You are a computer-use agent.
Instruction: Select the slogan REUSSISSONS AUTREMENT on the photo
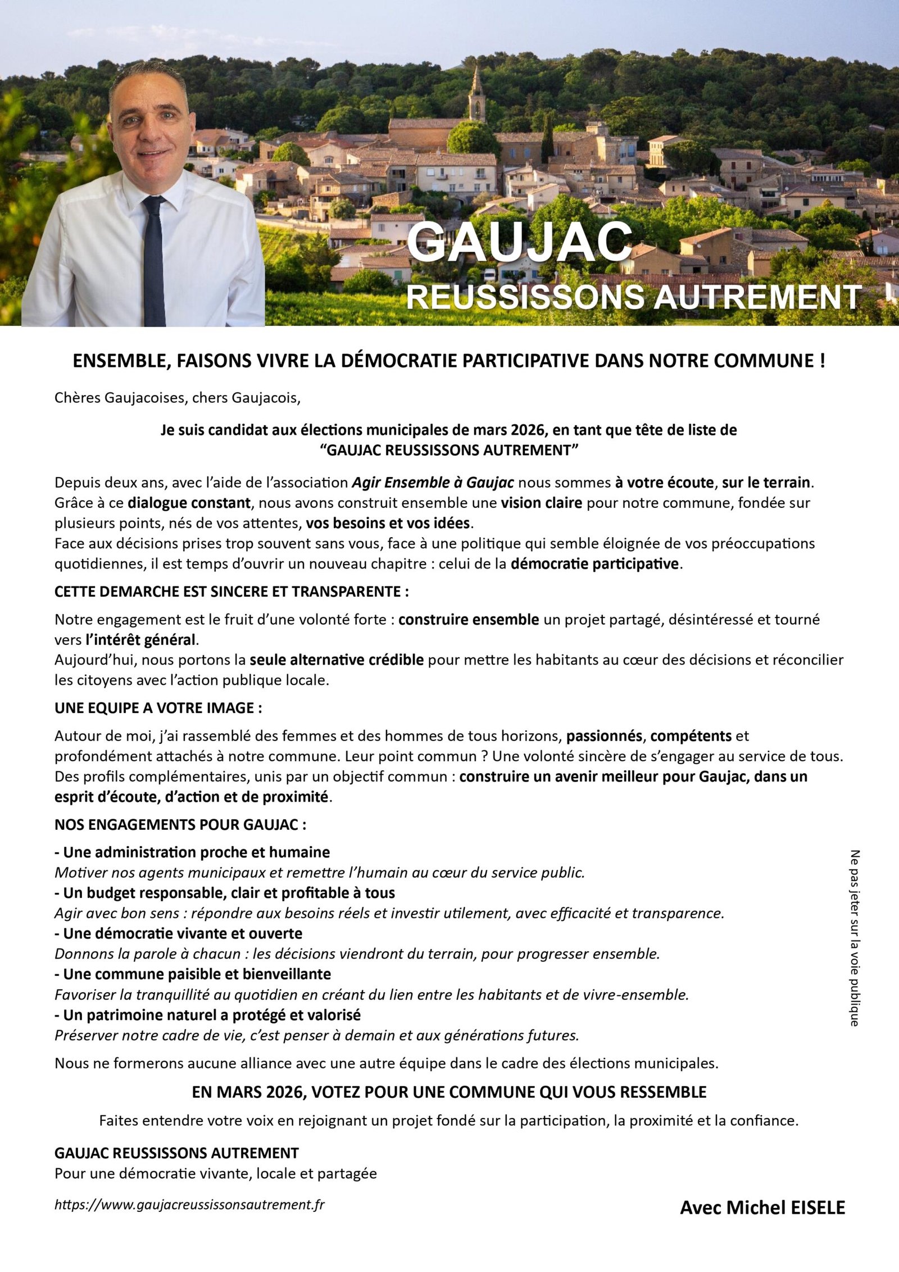pos(633,297)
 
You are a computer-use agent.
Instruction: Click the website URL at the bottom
pos(189,1205)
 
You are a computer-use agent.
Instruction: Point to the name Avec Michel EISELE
pos(762,1207)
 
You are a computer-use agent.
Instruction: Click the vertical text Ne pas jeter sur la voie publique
pos(855,938)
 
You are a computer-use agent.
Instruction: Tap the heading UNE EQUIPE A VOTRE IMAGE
pos(158,708)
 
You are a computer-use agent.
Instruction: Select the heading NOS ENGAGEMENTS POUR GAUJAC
pos(180,825)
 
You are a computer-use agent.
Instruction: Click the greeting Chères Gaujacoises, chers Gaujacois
pos(178,398)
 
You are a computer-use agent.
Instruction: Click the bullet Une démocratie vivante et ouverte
pos(182,933)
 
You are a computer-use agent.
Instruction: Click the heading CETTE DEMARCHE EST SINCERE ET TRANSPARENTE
pos(231,591)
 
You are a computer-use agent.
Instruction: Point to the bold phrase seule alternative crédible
pos(337,660)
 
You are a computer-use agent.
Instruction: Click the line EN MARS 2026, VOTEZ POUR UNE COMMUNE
pos(449,1092)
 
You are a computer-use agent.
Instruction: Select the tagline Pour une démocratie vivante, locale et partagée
pos(216,1173)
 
